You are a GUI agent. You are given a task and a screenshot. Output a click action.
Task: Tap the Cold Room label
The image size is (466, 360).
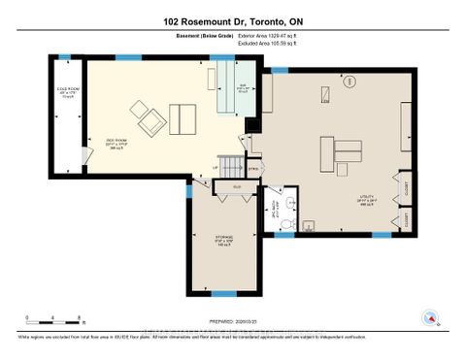tap(67, 94)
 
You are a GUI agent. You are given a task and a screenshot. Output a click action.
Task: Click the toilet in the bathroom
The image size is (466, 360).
tap(292, 204)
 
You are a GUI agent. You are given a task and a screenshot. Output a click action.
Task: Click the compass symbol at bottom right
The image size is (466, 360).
tap(427, 315)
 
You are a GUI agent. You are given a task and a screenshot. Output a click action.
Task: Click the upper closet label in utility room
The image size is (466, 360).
tap(405, 190)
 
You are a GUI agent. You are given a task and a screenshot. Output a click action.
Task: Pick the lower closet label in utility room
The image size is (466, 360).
tap(405, 220)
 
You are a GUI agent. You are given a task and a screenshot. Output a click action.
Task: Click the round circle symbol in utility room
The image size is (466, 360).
tap(326, 94)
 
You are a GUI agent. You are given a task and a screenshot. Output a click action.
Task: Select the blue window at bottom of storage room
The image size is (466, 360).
tap(224, 293)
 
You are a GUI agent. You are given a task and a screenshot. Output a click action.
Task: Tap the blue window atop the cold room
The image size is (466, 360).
tap(64, 57)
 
